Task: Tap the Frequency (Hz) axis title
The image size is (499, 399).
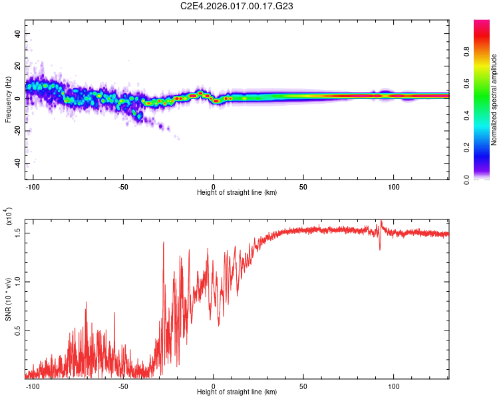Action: [x=8, y=99]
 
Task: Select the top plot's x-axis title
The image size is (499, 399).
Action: [x=237, y=192]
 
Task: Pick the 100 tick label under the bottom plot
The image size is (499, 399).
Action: [x=394, y=386]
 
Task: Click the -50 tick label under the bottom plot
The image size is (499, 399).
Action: [x=123, y=386]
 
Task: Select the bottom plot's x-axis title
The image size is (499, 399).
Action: [x=237, y=392]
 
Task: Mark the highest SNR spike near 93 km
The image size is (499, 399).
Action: [x=381, y=221]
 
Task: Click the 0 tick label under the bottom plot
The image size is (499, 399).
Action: [x=214, y=386]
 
